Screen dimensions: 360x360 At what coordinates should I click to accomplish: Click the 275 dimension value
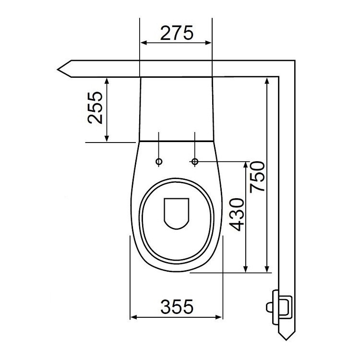point(176,33)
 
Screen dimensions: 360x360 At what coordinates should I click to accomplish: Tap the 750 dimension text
point(256,176)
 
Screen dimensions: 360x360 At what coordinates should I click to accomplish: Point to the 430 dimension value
point(236,214)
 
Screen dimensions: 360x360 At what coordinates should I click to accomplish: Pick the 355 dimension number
point(176,306)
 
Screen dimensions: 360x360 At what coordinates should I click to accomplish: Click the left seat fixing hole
point(159,161)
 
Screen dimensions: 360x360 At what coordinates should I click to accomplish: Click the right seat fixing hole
point(195,161)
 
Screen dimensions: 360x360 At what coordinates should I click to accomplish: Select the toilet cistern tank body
point(176,108)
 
